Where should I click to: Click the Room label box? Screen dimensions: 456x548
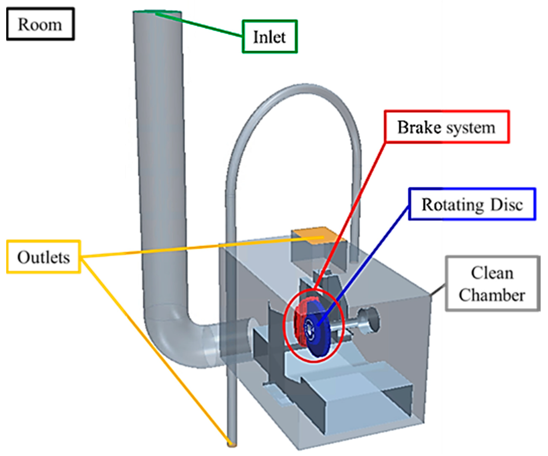coord(40,24)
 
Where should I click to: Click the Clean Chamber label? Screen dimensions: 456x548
coord(492,284)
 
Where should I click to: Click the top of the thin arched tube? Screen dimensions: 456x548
coord(303,86)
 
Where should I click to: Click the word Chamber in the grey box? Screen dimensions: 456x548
coord(492,295)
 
